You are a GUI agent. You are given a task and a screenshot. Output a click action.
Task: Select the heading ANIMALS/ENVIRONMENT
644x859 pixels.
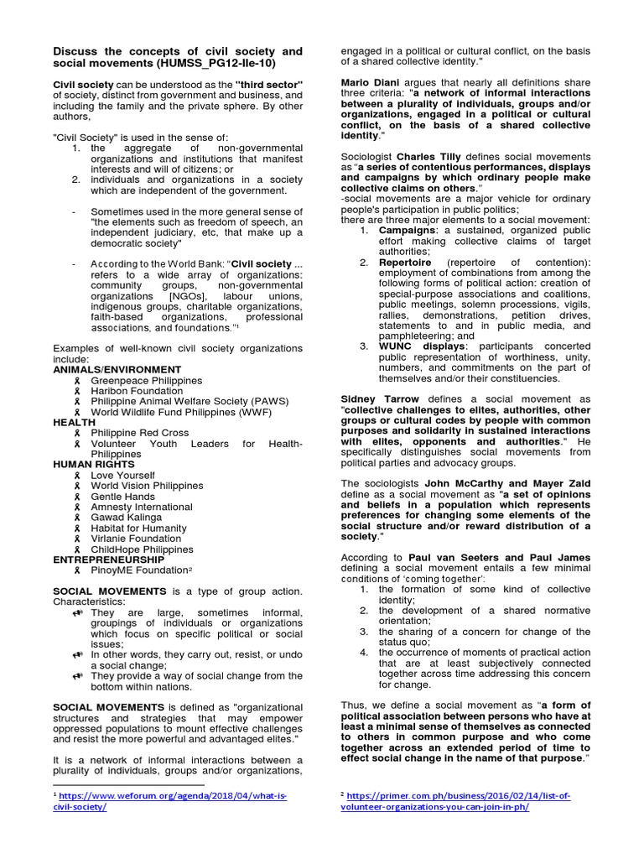coord(117,369)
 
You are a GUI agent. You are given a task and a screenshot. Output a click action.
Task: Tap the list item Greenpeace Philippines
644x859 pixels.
coord(146,380)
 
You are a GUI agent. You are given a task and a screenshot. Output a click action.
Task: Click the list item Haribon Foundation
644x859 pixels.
coord(137,391)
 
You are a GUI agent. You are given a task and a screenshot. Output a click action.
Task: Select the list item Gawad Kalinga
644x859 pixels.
coord(126,518)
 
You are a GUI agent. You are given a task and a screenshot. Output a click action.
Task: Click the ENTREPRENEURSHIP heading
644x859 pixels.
coord(109,559)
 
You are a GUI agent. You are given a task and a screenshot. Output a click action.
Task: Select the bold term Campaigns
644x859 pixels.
coord(407,230)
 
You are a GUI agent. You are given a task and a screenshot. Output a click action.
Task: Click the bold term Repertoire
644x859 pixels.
coord(406,262)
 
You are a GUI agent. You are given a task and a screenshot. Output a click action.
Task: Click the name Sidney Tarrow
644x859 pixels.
coord(379,399)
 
